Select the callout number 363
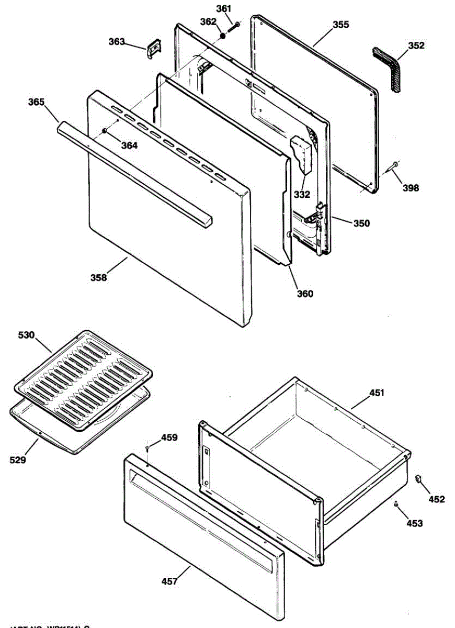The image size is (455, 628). coord(117,41)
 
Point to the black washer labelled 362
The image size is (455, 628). coord(222,36)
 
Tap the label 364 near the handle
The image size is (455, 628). coord(130,145)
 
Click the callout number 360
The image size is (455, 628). coord(305,294)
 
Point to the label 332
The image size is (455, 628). coord(301,195)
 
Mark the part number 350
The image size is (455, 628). coord(361,223)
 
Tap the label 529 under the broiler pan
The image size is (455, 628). coord(17,460)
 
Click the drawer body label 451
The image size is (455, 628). coord(377,392)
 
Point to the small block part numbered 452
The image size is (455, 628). coord(418,478)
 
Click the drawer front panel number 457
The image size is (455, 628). coord(169,580)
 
